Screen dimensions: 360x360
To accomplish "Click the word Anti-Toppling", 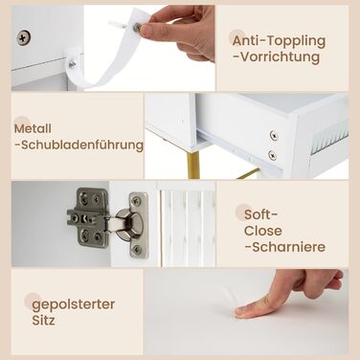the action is tap(279, 41).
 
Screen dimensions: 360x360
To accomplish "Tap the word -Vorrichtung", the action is tap(277, 57).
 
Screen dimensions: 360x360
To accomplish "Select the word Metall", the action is tap(33, 128).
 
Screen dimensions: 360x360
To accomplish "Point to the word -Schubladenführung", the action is tap(79, 146).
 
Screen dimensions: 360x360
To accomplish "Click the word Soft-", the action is tap(260, 214).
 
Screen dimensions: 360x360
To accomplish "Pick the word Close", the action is tap(263, 231).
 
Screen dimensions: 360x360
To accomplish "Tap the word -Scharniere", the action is tap(285, 247).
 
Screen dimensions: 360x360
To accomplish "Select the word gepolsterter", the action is tap(74, 304).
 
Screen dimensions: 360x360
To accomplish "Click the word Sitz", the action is tap(43, 320).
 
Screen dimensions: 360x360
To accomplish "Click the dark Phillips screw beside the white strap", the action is tap(24, 37).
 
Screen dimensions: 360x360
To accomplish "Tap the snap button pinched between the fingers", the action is tap(137, 27).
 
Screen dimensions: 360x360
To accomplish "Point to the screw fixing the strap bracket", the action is tap(73, 64).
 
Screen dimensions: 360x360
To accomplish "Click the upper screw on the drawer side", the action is tap(273, 135).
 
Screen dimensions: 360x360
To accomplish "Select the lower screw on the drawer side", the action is tap(272, 155).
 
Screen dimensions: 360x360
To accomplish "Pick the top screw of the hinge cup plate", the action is tap(136, 201).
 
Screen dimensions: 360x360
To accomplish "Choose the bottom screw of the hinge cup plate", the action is tap(136, 249).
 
